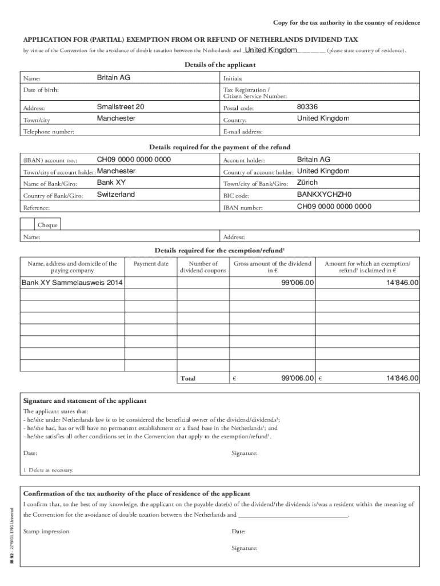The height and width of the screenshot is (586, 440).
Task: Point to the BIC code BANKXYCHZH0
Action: tap(324, 195)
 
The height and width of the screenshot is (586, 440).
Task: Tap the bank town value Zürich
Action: tap(307, 183)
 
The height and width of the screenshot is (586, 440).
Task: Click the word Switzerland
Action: tap(116, 195)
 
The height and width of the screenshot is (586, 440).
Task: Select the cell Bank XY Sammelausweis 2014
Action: tap(72, 283)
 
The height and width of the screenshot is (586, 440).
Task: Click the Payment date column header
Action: tap(151, 264)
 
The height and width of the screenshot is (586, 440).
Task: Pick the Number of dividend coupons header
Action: tap(199, 267)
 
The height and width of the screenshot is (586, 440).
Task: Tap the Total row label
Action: tap(188, 379)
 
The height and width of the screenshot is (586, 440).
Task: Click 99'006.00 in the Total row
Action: tap(298, 378)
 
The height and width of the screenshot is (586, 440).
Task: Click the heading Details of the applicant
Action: tap(220, 65)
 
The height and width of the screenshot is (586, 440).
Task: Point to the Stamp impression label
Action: tap(46, 532)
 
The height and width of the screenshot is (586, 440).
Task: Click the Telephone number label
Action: tap(49, 132)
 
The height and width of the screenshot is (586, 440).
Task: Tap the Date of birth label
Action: tap(41, 90)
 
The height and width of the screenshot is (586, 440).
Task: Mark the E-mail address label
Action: tap(243, 132)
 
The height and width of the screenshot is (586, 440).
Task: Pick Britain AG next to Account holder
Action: tap(314, 160)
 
